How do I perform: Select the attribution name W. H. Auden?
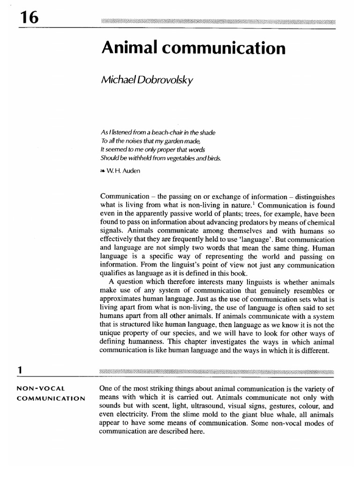point(121,171)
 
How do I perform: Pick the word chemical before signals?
point(319,222)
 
